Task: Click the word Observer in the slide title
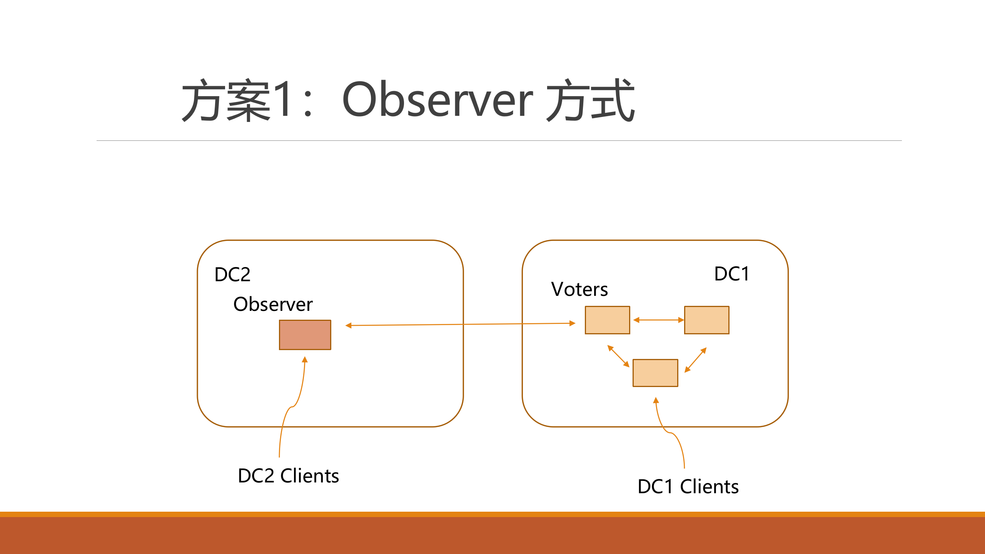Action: (437, 100)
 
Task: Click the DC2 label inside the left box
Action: (232, 275)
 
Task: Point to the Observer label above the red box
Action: (273, 304)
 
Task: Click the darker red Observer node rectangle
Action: (305, 335)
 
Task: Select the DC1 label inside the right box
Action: (731, 274)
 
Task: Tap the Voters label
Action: (579, 289)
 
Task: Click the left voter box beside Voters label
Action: (607, 320)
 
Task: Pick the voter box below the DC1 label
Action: (706, 320)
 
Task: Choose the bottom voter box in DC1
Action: (655, 373)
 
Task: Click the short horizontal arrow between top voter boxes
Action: (658, 320)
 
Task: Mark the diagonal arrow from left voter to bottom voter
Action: (618, 356)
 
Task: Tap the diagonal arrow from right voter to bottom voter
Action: (696, 360)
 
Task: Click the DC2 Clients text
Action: (288, 476)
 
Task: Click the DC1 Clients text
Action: (688, 487)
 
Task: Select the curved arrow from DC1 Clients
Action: (670, 433)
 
